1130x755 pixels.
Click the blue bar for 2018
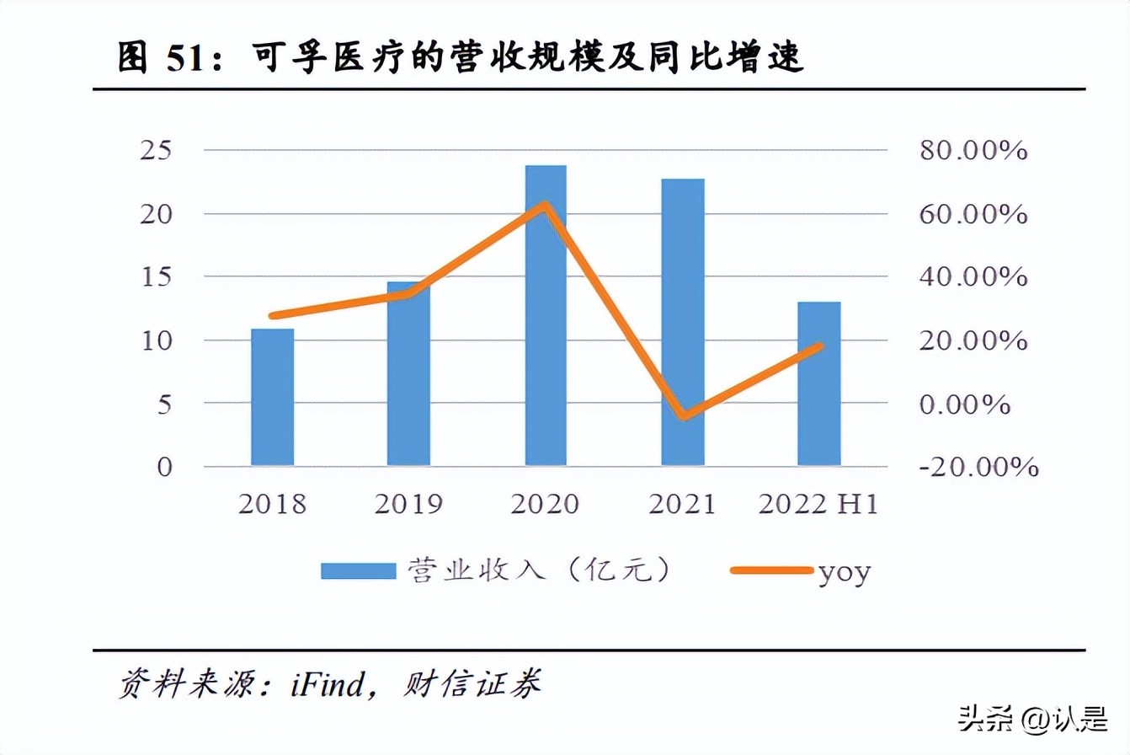(x=273, y=397)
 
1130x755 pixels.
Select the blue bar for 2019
(x=408, y=373)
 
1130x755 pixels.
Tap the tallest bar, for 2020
(x=546, y=315)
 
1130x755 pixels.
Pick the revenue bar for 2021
(x=683, y=322)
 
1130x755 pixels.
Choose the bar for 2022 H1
(x=819, y=383)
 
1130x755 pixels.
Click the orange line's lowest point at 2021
(x=683, y=415)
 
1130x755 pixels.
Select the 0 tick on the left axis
(x=163, y=467)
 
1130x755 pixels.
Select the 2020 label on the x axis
(x=546, y=504)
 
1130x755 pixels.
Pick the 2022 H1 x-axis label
(x=818, y=504)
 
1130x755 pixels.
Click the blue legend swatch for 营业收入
(x=358, y=570)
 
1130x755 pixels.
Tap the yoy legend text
(x=844, y=572)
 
